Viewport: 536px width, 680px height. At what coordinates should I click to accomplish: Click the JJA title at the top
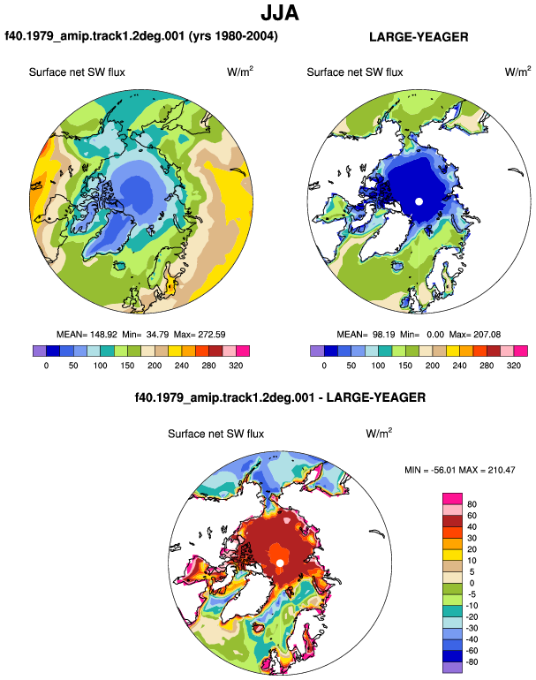click(280, 13)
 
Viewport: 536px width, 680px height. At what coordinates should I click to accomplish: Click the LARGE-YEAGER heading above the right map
click(419, 37)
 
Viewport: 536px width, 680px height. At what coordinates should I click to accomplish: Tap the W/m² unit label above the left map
click(240, 72)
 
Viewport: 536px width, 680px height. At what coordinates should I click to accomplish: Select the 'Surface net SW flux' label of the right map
click(355, 72)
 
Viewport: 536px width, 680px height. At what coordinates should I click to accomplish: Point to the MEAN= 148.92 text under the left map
click(87, 335)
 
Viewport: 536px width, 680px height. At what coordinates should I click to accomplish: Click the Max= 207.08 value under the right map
click(475, 335)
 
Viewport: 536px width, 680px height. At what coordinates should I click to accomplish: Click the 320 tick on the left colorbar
click(236, 365)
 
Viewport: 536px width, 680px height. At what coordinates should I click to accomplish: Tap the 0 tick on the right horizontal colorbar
click(324, 365)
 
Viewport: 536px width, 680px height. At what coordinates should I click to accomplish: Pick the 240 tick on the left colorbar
click(182, 365)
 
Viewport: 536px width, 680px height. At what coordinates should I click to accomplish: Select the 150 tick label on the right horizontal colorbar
click(405, 365)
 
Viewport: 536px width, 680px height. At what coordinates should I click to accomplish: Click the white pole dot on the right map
click(419, 201)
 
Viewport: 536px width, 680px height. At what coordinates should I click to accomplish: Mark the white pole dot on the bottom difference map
click(280, 563)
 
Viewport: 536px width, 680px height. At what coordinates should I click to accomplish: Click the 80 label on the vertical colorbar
click(472, 504)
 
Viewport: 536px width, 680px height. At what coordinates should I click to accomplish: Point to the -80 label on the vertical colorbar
click(471, 662)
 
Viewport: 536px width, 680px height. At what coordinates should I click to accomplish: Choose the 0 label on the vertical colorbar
click(472, 583)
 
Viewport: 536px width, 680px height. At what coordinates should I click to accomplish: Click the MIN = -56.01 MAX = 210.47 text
click(460, 470)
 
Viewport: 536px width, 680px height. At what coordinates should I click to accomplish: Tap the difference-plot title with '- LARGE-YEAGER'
click(280, 397)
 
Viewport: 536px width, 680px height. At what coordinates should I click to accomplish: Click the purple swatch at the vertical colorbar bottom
click(452, 668)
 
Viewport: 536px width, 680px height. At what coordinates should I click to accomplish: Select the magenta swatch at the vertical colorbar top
click(452, 499)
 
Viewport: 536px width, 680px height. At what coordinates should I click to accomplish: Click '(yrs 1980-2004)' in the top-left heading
click(233, 35)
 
